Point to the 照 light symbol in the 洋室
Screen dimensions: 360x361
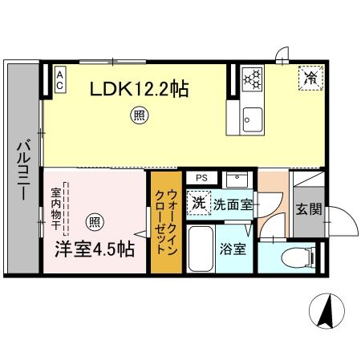[95, 221]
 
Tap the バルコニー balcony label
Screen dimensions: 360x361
[22, 171]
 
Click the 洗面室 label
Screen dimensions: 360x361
[233, 205]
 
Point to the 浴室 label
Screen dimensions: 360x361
[233, 249]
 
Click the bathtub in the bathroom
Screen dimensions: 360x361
[201, 249]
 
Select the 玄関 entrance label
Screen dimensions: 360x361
[307, 210]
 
